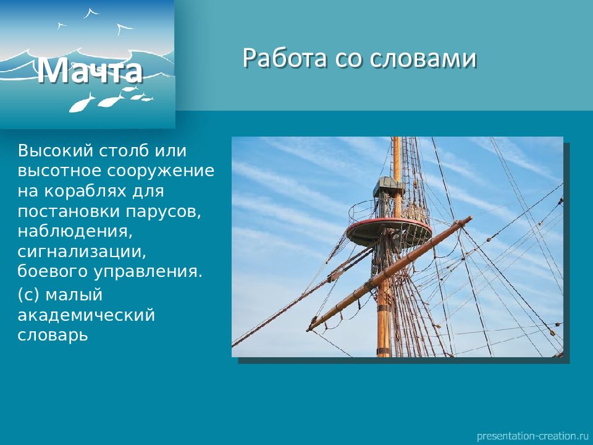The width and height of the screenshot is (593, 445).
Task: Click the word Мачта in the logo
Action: pos(90,70)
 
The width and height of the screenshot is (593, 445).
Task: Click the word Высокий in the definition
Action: pos(55,151)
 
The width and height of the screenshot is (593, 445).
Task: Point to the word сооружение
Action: pos(161,171)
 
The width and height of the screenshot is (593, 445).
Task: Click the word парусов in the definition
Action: pos(163,212)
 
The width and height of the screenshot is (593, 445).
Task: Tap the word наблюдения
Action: pos(75,232)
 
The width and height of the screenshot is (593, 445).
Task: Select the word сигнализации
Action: pos(82,252)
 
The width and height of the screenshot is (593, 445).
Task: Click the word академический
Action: pos(86,315)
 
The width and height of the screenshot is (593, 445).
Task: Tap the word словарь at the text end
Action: pos(53,335)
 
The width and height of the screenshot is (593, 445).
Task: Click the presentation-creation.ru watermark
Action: pos(532,436)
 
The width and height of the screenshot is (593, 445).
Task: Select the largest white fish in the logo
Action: pos(82,103)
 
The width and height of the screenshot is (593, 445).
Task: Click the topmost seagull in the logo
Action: pos(91,13)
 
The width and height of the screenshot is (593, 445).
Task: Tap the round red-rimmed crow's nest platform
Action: pos(389,231)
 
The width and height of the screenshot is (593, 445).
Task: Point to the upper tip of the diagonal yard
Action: pos(470,218)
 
